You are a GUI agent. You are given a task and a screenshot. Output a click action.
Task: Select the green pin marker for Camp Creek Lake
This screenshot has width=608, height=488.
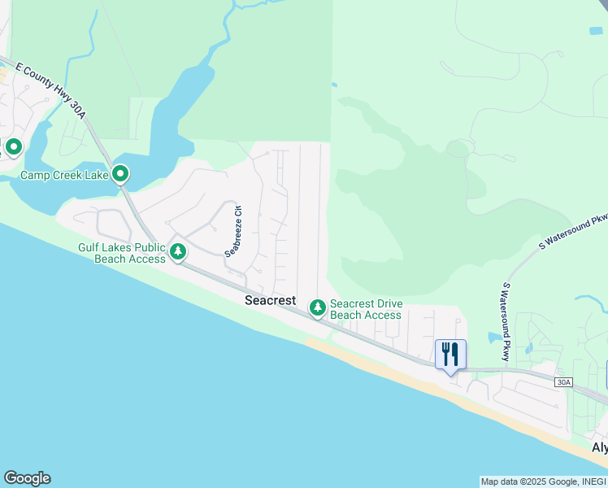point(120,173)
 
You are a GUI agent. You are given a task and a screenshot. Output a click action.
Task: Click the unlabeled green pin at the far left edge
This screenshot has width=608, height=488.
point(13,147)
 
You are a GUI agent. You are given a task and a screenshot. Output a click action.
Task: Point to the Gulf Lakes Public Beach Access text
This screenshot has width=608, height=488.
point(121,253)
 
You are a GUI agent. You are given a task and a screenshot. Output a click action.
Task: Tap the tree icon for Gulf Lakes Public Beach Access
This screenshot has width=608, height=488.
point(178,251)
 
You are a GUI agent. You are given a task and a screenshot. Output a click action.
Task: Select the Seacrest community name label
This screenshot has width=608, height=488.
point(271,300)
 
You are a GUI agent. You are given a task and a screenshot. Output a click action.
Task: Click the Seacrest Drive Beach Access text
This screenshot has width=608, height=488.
point(366,310)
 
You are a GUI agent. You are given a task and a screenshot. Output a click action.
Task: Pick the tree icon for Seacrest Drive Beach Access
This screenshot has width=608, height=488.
point(317,307)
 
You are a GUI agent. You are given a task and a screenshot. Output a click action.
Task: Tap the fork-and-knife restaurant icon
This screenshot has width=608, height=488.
point(450,353)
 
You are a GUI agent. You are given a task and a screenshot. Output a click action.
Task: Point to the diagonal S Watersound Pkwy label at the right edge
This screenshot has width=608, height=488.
point(574,232)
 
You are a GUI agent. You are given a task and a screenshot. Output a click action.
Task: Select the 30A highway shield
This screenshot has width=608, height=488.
point(563,382)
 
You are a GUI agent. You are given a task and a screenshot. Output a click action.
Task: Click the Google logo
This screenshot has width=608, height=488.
point(27,478)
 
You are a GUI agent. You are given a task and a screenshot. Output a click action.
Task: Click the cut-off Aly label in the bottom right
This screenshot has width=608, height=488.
point(599,448)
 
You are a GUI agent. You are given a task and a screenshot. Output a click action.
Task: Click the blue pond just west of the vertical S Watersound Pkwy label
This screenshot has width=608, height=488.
point(493,337)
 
